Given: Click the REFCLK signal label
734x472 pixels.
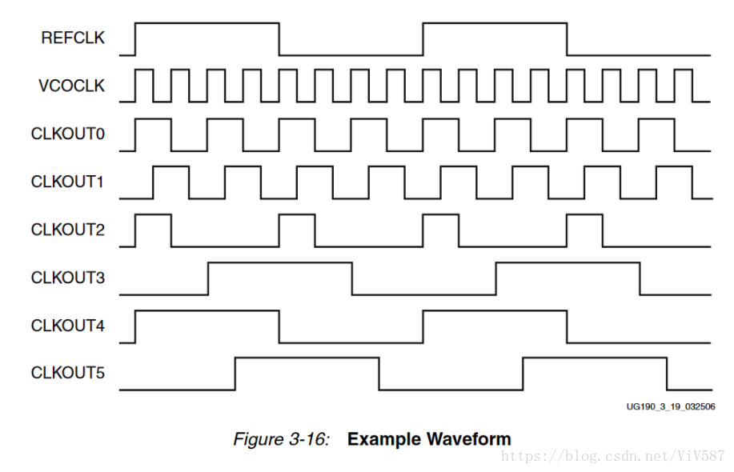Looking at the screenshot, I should tap(73, 38).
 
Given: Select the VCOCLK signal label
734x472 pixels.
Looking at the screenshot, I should tap(71, 86).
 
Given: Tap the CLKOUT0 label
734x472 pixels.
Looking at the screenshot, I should tap(68, 134).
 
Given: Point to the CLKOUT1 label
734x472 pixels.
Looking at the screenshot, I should tap(68, 182).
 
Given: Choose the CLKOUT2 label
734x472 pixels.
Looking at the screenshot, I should tap(68, 230).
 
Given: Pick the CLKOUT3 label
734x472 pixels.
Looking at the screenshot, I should tap(68, 278).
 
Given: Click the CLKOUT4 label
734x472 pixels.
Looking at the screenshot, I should tap(68, 326).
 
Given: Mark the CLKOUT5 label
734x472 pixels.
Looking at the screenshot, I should tap(68, 373).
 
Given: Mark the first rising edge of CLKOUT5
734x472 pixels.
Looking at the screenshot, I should tap(235, 374).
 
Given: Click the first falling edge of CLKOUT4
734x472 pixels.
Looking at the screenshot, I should tap(279, 326).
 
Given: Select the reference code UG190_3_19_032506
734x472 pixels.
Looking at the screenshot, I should tap(670, 406).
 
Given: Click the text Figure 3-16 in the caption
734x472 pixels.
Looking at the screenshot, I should tap(281, 439).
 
